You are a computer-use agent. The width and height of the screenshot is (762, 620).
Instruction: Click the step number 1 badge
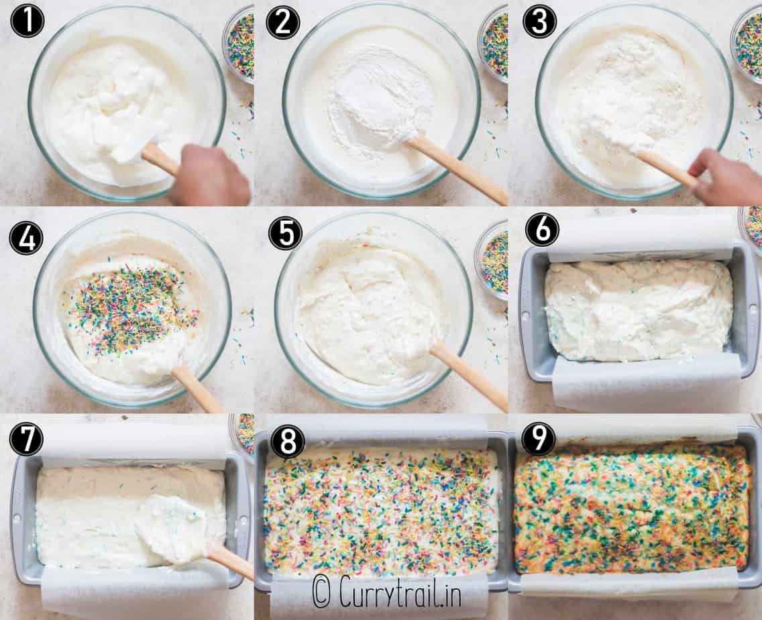coord(28,22)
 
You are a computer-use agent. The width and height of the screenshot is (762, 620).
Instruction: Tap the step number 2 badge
coord(283,22)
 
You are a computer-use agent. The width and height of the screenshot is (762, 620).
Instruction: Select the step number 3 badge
coord(539,22)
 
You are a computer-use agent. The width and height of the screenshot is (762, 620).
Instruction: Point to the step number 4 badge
coord(26,238)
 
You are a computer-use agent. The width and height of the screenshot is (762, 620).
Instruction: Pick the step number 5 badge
coord(285,234)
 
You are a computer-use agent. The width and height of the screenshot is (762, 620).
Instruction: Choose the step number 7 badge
coord(26,437)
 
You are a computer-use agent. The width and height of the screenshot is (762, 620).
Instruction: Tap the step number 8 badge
coord(288,442)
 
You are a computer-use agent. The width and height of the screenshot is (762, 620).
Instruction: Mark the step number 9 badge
coord(539,439)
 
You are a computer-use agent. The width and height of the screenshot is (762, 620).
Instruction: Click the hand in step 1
coord(209,176)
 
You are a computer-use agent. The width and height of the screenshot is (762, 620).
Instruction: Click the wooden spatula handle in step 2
coord(457,170)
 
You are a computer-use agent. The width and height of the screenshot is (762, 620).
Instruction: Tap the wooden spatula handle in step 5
coord(469,374)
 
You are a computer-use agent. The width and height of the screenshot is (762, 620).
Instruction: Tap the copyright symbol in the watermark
coord(321,591)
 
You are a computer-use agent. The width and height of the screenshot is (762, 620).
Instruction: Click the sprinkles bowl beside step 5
coord(491,260)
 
